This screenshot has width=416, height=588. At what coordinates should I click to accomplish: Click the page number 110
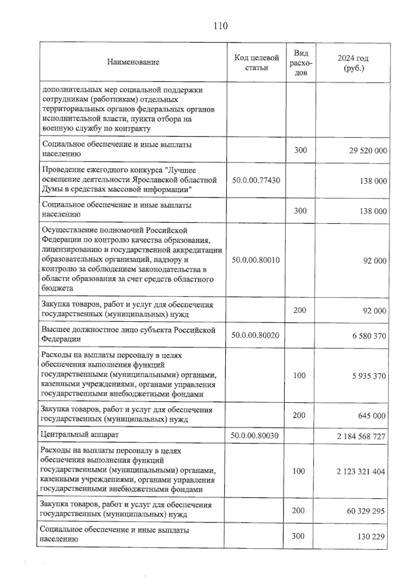click(221, 26)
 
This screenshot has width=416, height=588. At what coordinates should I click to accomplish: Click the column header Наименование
click(133, 62)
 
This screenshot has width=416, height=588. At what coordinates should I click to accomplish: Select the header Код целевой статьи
click(257, 62)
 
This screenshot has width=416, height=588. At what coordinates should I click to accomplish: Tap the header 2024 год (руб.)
click(353, 63)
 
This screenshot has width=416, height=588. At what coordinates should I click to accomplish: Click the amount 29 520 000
click(368, 151)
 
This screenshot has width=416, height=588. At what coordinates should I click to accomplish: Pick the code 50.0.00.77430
click(256, 180)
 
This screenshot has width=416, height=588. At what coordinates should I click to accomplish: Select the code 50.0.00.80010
click(255, 260)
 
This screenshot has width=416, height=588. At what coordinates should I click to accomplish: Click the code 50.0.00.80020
click(255, 335)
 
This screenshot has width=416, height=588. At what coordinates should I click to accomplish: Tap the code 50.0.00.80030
click(254, 436)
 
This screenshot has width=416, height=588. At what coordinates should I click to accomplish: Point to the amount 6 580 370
click(369, 336)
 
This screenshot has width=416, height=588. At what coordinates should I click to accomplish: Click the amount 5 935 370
click(369, 376)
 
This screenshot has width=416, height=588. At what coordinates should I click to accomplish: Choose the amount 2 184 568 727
click(361, 436)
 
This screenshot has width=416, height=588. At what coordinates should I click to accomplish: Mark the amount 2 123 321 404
click(361, 472)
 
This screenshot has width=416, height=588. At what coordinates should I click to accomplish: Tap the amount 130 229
click(371, 537)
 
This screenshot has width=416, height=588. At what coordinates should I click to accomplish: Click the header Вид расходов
click(301, 63)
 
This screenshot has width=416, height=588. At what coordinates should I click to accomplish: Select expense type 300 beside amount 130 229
click(298, 536)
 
